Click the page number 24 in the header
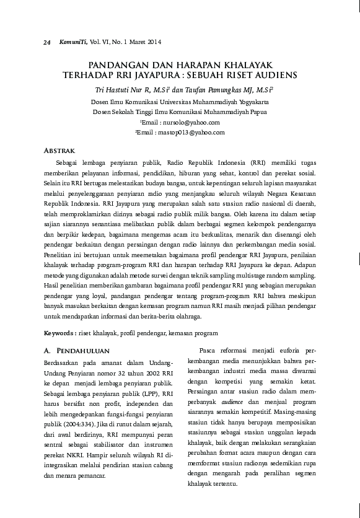tap(46, 42)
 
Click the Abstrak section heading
tap(61, 151)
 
